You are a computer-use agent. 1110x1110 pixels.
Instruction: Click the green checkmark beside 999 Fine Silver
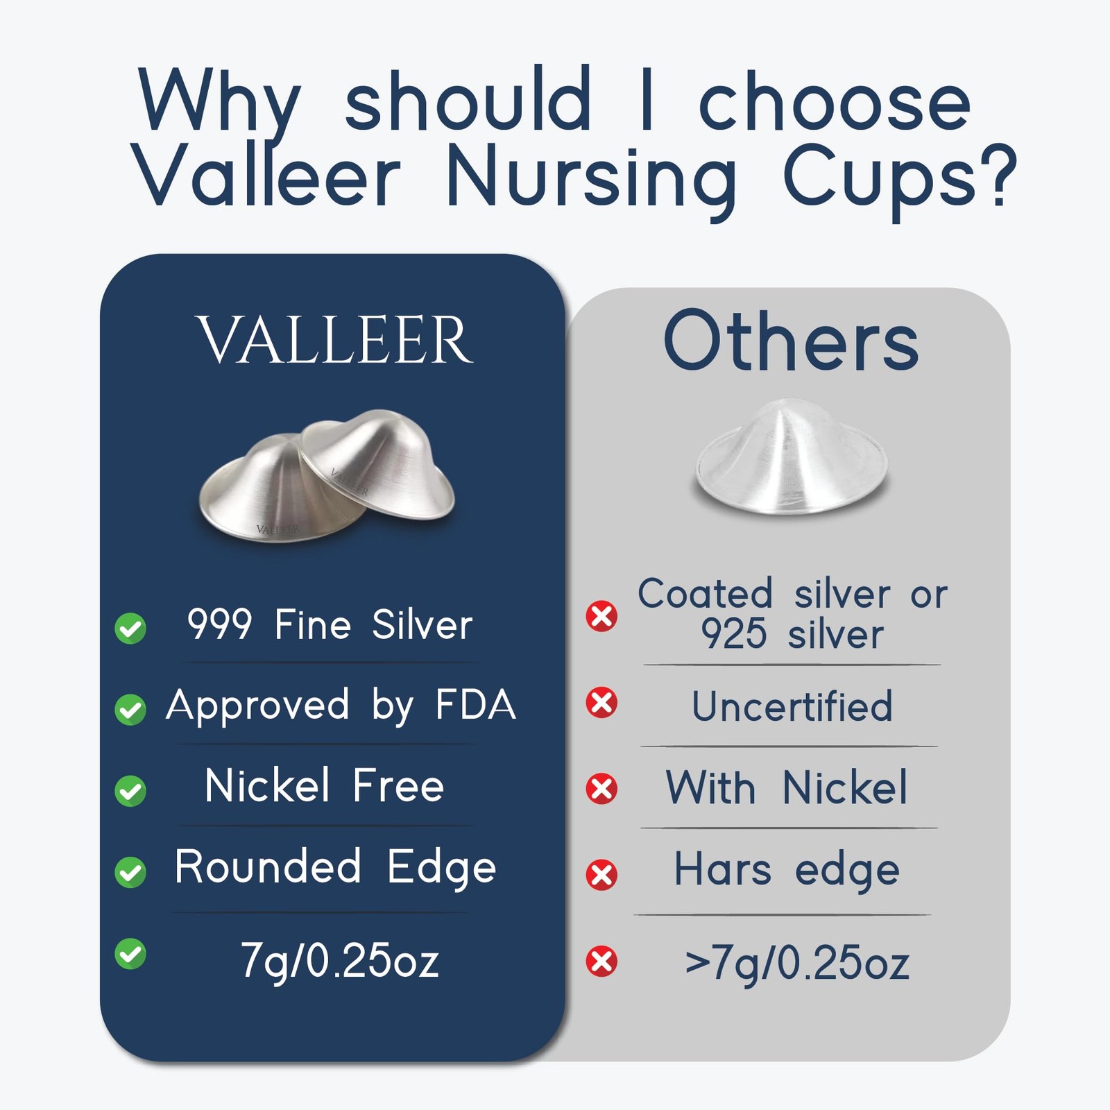coord(130,629)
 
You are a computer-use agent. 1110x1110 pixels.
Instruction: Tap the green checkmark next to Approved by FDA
coord(130,710)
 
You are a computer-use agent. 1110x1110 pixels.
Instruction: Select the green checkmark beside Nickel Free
coord(130,791)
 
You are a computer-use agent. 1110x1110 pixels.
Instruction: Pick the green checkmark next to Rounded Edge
coord(130,872)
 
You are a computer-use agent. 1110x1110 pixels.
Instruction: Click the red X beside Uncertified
coord(601,703)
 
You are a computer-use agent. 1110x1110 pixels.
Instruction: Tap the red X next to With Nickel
coord(601,789)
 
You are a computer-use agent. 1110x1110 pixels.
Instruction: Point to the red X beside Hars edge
coord(601,875)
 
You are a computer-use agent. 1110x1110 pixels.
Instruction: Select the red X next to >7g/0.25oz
coord(601,962)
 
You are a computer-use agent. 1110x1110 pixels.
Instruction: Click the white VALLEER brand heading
coord(334,340)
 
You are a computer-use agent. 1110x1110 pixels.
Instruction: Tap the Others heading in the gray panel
coord(791,341)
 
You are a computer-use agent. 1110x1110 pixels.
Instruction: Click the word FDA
coord(476,705)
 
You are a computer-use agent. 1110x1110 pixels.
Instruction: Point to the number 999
coord(219,624)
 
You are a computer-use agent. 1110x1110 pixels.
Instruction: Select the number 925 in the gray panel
coord(734,634)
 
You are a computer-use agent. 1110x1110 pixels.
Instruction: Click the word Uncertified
coord(792,706)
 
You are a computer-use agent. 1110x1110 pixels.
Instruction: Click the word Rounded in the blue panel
coord(268,866)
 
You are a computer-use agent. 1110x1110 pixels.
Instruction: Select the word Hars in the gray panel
coord(723,869)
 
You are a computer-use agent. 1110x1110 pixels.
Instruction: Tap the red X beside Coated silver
coord(601,616)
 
